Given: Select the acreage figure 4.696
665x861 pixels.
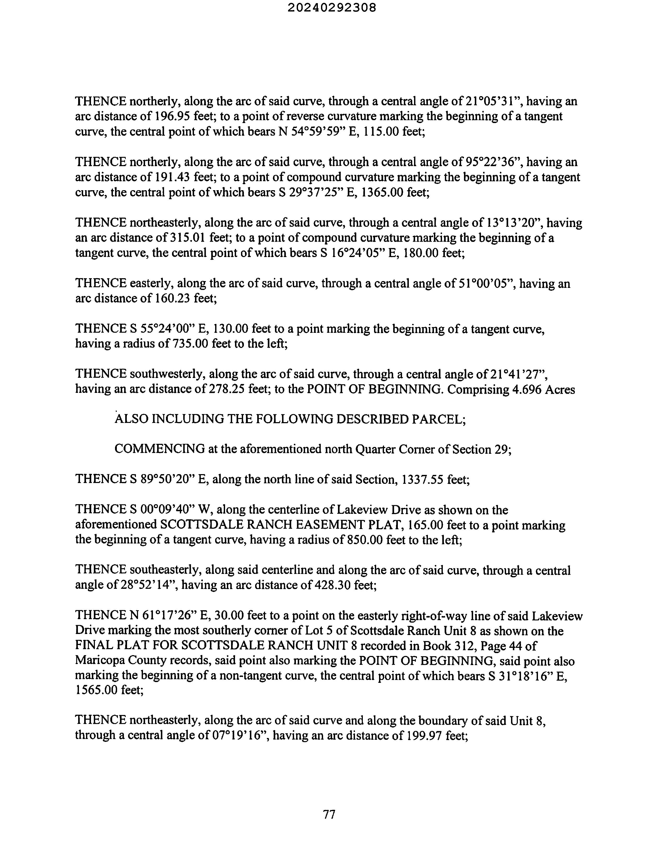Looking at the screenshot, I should (526, 389).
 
